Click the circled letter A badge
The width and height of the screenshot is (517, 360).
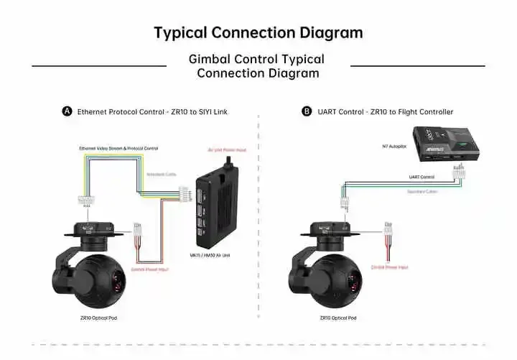(67, 112)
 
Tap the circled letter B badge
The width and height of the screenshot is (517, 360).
(307, 112)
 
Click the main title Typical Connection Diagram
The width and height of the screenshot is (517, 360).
(258, 33)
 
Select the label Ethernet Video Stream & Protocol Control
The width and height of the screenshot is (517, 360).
(118, 148)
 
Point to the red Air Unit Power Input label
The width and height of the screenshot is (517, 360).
(226, 151)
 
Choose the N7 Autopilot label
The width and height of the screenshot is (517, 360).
(393, 146)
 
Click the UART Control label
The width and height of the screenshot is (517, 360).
(421, 177)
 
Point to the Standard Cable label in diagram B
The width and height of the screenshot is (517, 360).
(421, 192)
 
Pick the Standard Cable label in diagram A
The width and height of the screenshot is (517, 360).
(161, 174)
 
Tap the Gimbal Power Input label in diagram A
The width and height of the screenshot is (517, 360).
(149, 269)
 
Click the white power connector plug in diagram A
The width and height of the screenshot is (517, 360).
(138, 229)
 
